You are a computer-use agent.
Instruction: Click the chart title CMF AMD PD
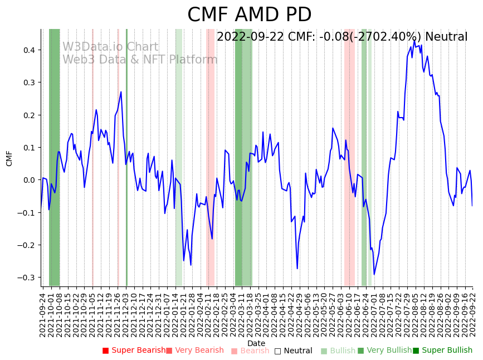pos(249,15)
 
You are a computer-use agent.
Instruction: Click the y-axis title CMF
pos(9,158)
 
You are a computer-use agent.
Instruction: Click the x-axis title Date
pos(256,343)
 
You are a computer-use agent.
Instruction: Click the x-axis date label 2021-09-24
pos(42,315)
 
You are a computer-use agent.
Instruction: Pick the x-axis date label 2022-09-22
pos(473,315)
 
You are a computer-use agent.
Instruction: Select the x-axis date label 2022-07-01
pos(374,315)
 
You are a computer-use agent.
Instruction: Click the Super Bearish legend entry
pos(134,351)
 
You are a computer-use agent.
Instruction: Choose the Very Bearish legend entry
pos(194,351)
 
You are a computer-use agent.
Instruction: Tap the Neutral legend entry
pos(293,351)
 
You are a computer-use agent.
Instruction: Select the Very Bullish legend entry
pos(384,351)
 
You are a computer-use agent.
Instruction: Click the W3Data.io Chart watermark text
pos(110,47)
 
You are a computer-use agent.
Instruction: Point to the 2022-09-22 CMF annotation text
pos(341,37)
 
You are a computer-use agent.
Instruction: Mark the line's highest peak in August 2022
pos(414,40)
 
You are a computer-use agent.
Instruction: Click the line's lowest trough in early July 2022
pos(374,274)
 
